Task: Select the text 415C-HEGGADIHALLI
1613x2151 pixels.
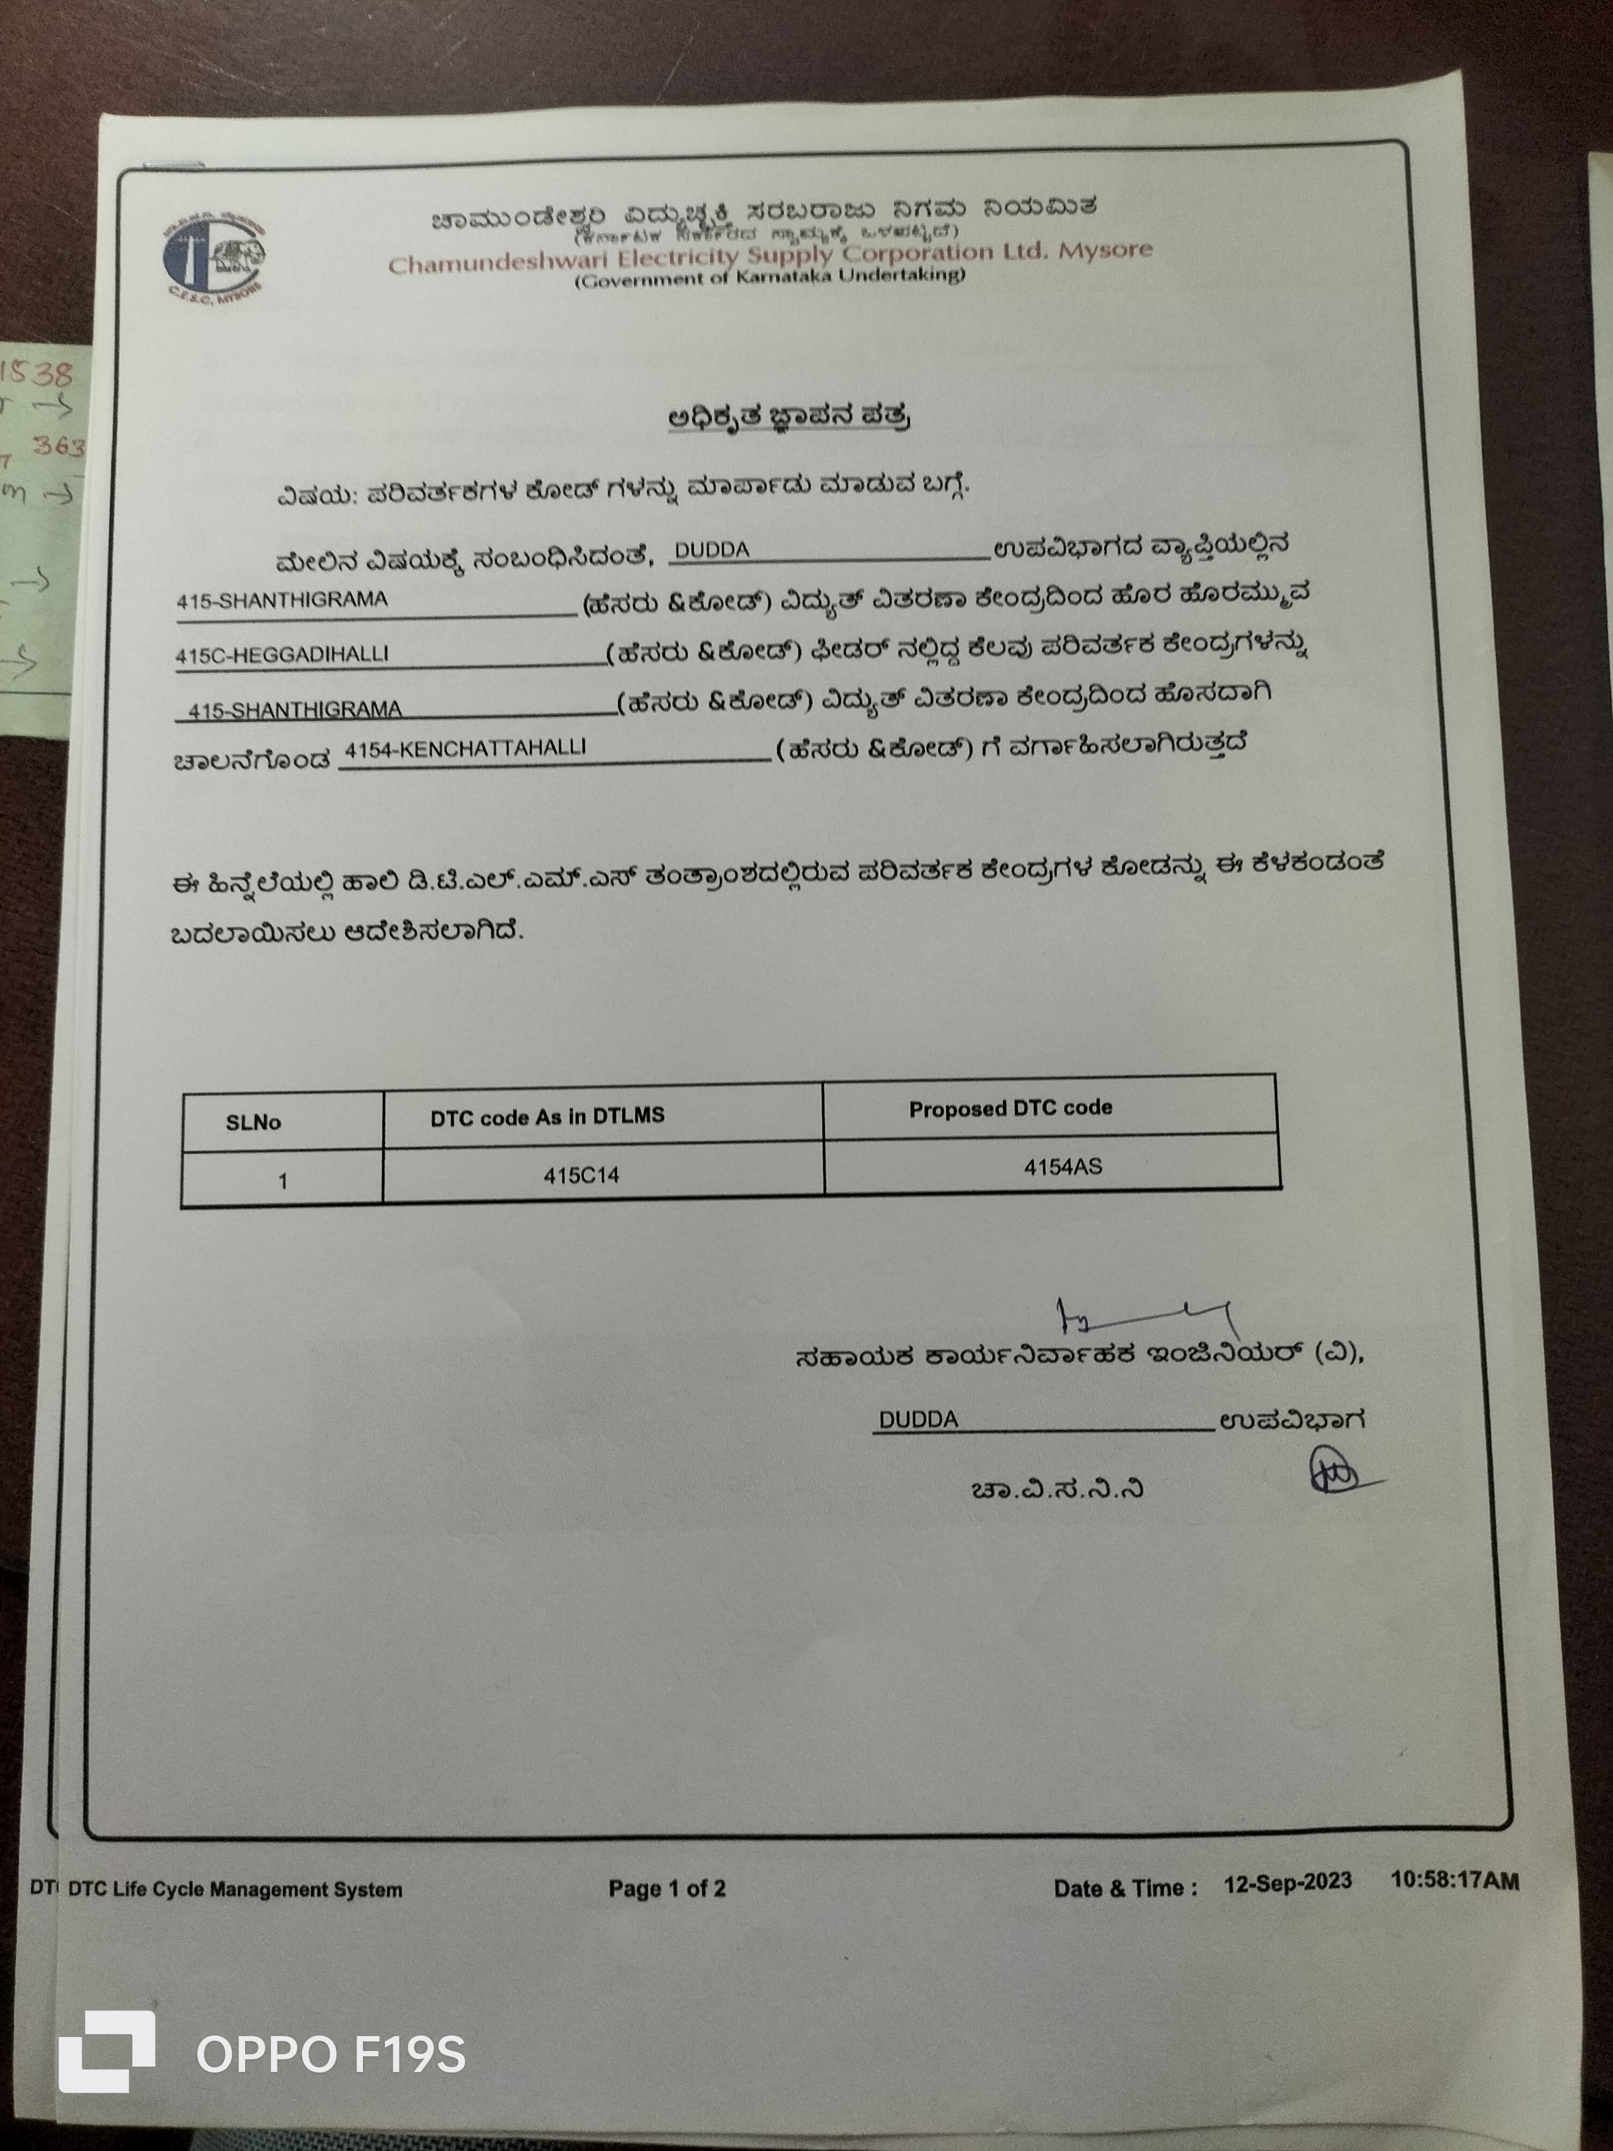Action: click(282, 654)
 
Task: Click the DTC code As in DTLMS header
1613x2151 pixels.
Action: click(547, 1116)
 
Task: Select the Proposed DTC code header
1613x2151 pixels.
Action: click(1010, 1108)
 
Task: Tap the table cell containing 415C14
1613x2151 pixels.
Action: click(581, 1174)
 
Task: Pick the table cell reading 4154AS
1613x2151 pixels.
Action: click(1062, 1166)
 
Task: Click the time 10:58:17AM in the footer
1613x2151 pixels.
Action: click(1453, 1879)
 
